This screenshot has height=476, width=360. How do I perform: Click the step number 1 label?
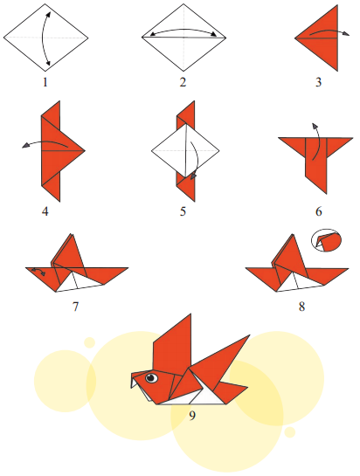[x=45, y=82]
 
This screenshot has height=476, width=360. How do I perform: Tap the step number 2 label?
[x=183, y=82]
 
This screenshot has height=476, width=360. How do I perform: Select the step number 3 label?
[x=318, y=82]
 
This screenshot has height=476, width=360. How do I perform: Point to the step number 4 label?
[x=45, y=211]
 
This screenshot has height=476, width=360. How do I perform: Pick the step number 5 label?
[x=183, y=211]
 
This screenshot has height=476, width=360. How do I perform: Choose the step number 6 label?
[x=318, y=211]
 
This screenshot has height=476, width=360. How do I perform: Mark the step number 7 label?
[x=75, y=307]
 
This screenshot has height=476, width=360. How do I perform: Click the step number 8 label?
[x=301, y=307]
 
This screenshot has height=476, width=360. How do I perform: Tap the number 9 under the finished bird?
[x=192, y=416]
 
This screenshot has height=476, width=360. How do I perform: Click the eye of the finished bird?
[x=151, y=377]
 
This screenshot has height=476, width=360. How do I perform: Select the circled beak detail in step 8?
[x=326, y=240]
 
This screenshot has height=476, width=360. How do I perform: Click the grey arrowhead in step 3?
[x=346, y=34]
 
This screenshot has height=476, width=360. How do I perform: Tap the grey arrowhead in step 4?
[x=25, y=146]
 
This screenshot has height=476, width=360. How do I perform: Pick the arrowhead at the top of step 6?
[x=315, y=126]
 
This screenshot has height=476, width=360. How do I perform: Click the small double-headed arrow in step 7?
[x=38, y=271]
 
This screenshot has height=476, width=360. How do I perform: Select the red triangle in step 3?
[x=323, y=38]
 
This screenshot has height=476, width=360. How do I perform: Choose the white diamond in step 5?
[x=185, y=150]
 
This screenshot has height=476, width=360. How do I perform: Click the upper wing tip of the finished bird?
[x=190, y=314]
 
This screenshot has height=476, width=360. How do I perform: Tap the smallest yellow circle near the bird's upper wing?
[x=89, y=342]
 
